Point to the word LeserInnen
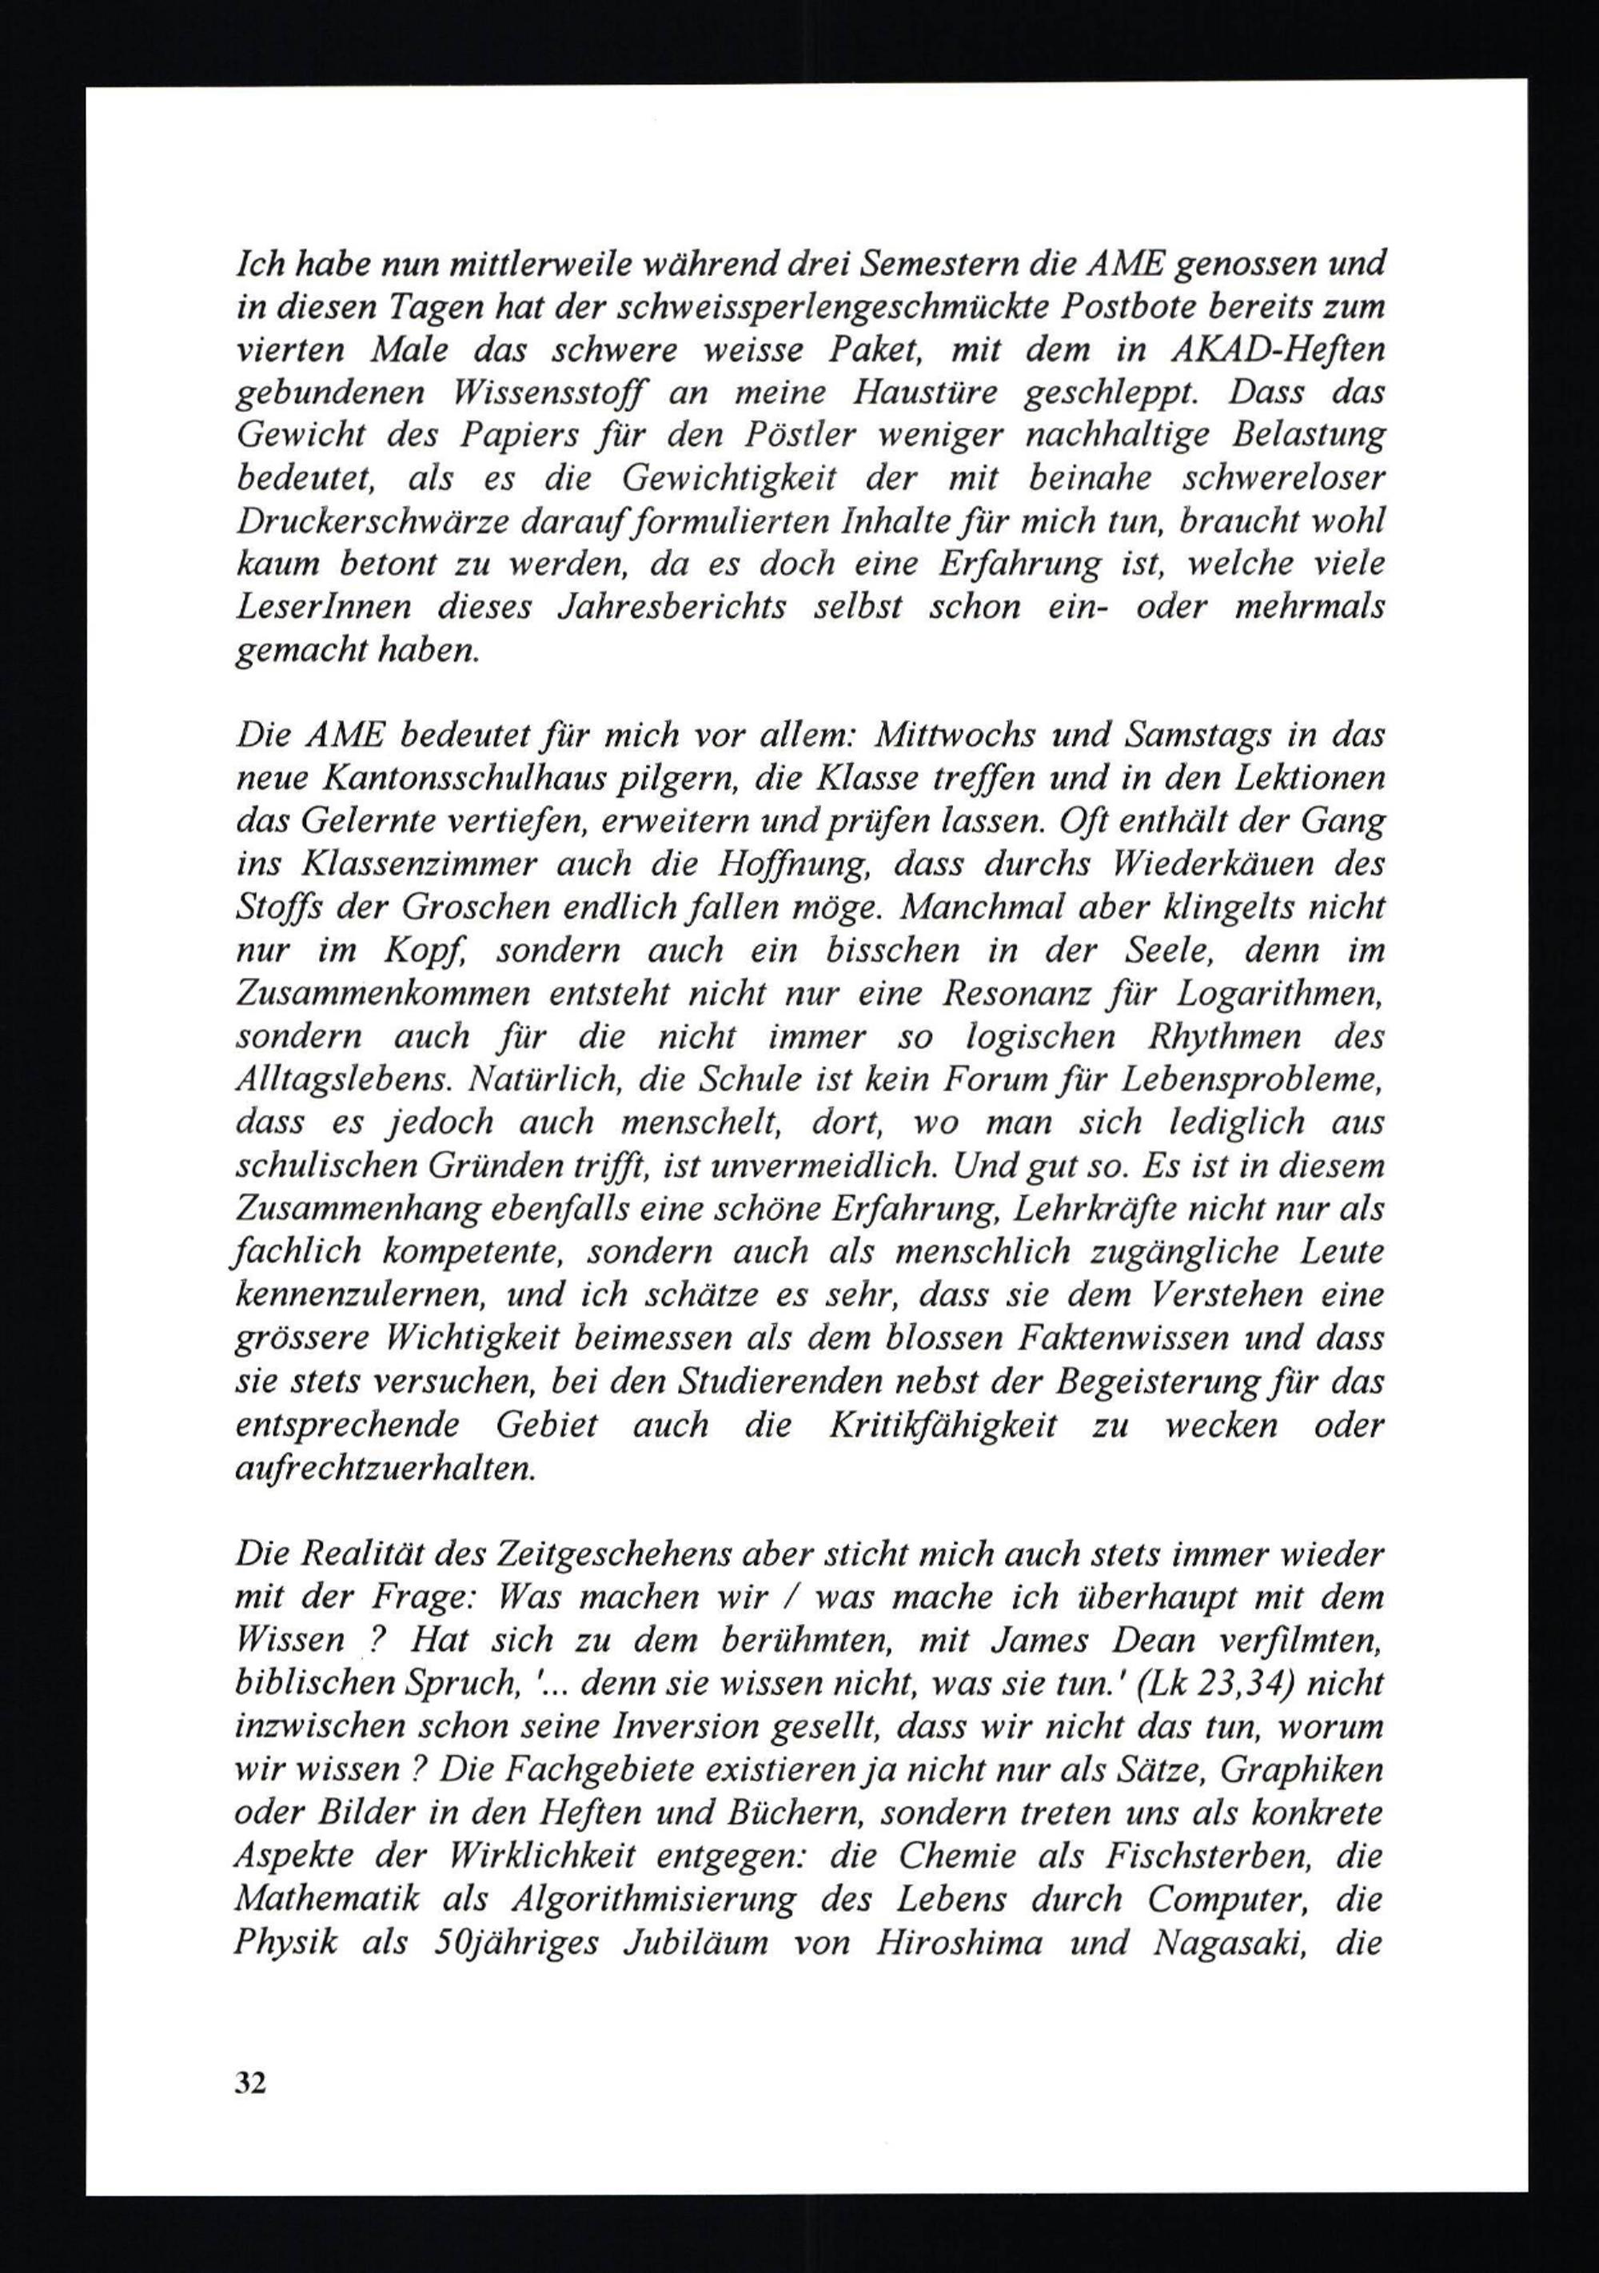(323, 606)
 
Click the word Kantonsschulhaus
(458, 779)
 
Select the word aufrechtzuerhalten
(386, 1468)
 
